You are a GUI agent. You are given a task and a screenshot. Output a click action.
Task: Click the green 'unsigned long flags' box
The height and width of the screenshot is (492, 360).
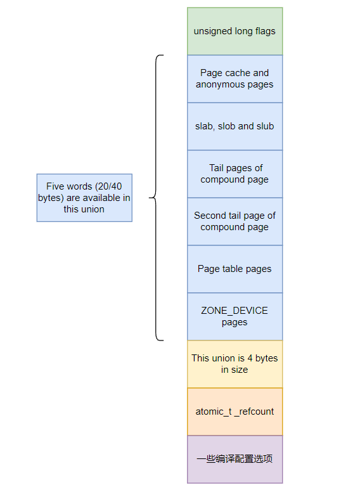(x=235, y=31)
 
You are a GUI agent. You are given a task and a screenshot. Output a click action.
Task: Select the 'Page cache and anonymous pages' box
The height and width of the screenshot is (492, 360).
(x=235, y=79)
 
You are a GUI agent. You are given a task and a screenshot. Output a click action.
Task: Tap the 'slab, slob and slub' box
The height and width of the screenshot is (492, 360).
(x=235, y=126)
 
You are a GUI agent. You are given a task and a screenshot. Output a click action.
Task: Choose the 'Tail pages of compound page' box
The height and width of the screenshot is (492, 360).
(x=235, y=174)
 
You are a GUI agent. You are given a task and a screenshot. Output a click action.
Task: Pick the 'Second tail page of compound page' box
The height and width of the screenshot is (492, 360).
(x=235, y=221)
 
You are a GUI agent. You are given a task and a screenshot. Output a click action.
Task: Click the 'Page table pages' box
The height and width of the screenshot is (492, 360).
(x=235, y=269)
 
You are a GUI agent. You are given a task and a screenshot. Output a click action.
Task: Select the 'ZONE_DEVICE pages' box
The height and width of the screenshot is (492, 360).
(x=235, y=316)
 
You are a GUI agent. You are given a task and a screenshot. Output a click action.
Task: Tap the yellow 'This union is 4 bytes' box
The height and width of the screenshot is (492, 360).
(x=235, y=364)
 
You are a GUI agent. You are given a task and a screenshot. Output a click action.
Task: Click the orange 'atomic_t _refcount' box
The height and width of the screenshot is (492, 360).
(x=235, y=411)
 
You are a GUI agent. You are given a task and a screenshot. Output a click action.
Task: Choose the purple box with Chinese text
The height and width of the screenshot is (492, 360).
(x=235, y=459)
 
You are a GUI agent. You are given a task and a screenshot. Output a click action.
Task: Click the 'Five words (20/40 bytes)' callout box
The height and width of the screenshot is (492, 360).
(x=84, y=198)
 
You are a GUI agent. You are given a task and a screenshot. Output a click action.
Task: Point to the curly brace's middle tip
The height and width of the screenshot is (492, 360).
(x=150, y=198)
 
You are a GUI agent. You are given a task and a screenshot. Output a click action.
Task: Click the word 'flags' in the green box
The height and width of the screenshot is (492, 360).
(x=264, y=31)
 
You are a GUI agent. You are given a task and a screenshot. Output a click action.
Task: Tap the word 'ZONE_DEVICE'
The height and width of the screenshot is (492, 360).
(x=235, y=311)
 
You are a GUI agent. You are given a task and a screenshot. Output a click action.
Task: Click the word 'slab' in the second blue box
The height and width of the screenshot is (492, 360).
(x=205, y=126)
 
